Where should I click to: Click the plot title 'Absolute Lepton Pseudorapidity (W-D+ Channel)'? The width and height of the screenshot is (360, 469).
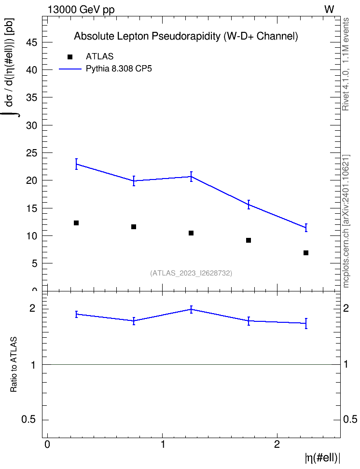(x=186, y=36)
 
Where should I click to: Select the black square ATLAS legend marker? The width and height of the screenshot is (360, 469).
(x=70, y=57)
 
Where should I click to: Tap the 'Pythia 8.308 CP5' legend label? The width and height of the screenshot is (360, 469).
(x=119, y=69)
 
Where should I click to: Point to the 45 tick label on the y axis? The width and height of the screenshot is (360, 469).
(x=31, y=42)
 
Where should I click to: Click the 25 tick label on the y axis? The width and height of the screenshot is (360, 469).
(x=31, y=153)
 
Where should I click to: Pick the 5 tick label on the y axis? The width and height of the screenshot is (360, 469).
(x=34, y=263)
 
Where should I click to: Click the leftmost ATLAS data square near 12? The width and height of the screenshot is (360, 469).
(x=76, y=223)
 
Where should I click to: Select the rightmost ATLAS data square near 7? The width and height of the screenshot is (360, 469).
(x=306, y=253)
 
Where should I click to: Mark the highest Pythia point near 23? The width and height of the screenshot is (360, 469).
(x=76, y=164)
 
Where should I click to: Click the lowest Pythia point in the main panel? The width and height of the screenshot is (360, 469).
(x=306, y=228)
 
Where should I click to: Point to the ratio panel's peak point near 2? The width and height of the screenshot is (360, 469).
(x=191, y=309)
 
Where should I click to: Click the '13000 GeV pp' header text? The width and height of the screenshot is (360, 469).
(x=81, y=10)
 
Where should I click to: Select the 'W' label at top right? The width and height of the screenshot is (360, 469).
(x=329, y=10)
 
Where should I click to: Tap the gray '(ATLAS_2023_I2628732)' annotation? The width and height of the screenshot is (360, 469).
(x=191, y=273)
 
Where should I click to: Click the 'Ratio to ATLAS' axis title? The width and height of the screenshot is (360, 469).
(x=14, y=364)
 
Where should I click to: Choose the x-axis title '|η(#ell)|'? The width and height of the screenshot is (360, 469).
(x=322, y=458)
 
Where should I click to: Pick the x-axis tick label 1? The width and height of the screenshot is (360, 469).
(x=163, y=444)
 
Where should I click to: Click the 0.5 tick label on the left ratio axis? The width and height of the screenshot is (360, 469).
(x=29, y=420)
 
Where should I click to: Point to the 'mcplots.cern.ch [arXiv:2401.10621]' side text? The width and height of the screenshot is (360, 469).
(x=346, y=221)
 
